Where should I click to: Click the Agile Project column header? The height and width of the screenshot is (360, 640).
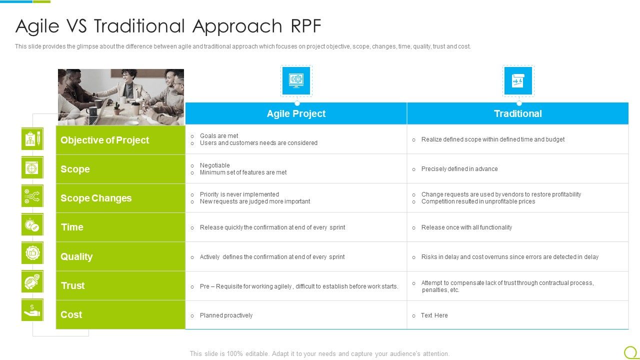pos(296,113)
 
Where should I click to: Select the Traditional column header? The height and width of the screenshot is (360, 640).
pos(517,113)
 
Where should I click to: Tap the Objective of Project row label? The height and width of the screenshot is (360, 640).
pos(105,140)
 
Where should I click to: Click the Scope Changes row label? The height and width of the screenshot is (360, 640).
pos(96,198)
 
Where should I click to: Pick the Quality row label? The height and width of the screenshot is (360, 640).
pos(76,256)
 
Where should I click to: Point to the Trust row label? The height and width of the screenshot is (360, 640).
pos(72,285)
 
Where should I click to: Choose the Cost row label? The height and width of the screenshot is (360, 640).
pos(71,314)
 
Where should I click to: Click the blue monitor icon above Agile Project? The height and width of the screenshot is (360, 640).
pos(296,80)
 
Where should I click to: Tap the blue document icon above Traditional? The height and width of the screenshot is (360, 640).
pos(518,80)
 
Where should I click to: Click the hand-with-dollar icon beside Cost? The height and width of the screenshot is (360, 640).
pos(32,310)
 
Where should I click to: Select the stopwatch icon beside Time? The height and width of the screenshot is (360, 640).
pos(32,224)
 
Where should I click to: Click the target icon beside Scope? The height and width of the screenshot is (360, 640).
pos(32,167)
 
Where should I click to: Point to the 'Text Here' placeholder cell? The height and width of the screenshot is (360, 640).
pos(434,315)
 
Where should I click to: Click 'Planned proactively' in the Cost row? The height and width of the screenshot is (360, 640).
pos(226,315)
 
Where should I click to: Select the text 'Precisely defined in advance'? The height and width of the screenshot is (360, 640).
pos(459,169)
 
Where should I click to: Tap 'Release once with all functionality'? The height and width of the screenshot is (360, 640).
pos(466,227)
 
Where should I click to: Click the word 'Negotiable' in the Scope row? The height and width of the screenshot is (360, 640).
pos(214,165)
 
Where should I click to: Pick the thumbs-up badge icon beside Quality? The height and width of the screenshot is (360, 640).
pos(32,253)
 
